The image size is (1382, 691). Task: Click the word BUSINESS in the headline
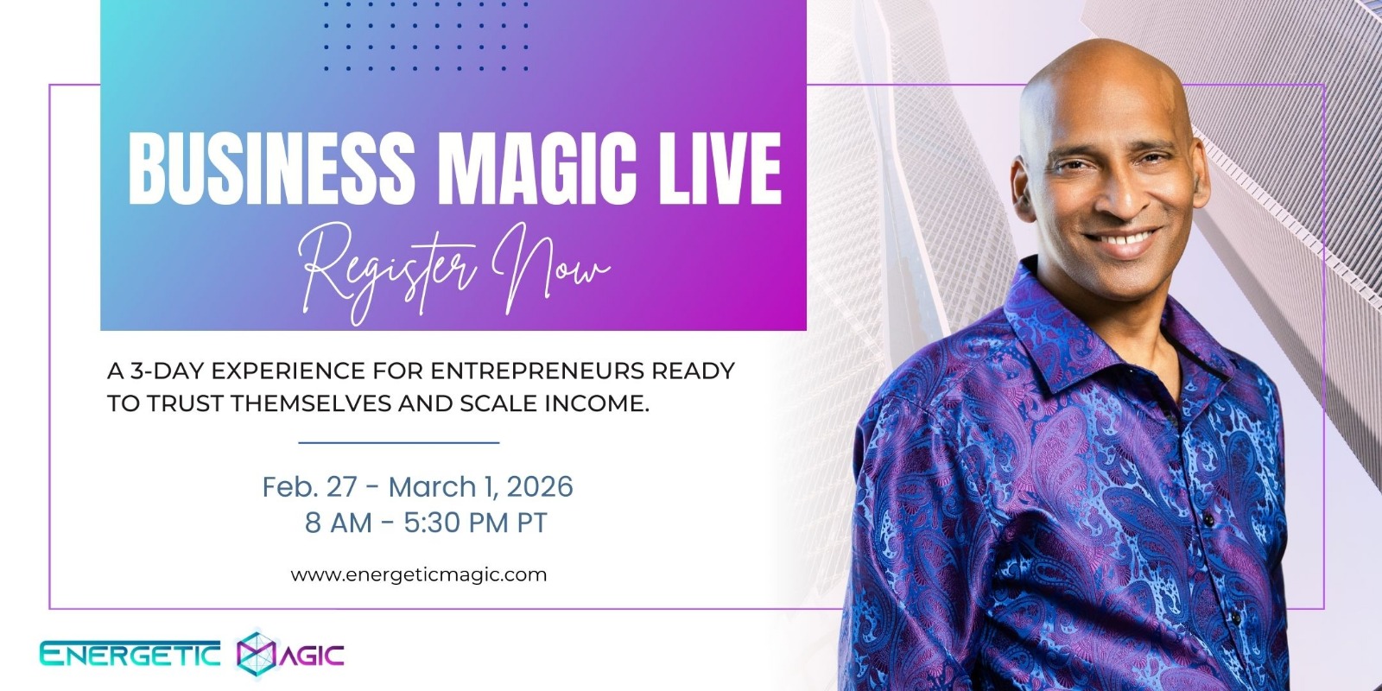point(271,168)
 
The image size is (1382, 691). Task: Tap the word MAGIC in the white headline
point(540,168)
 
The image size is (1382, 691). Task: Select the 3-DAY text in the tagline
point(167,371)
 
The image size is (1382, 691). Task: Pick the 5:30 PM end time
point(457,523)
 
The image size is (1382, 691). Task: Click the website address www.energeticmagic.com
point(419,575)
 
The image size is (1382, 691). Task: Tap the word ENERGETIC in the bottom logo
point(130,654)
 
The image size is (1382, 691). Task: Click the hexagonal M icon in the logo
point(256,654)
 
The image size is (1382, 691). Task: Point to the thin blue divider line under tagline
point(398,442)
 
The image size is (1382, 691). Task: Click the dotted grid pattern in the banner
point(427,35)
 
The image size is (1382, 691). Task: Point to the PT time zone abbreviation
point(532,523)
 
